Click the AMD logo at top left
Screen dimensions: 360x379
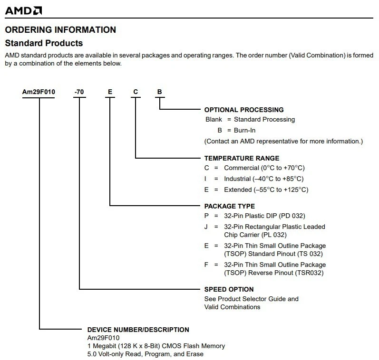[23, 10]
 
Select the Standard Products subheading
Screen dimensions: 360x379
[44, 43]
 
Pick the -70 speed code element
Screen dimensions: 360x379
[79, 92]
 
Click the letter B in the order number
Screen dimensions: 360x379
[160, 92]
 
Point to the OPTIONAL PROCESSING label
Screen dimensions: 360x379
[243, 110]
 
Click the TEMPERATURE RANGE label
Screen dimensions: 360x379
[242, 158]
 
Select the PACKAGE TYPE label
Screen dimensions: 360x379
[229, 206]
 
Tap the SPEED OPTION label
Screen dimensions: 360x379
[229, 289]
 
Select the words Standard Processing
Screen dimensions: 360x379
[264, 120]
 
